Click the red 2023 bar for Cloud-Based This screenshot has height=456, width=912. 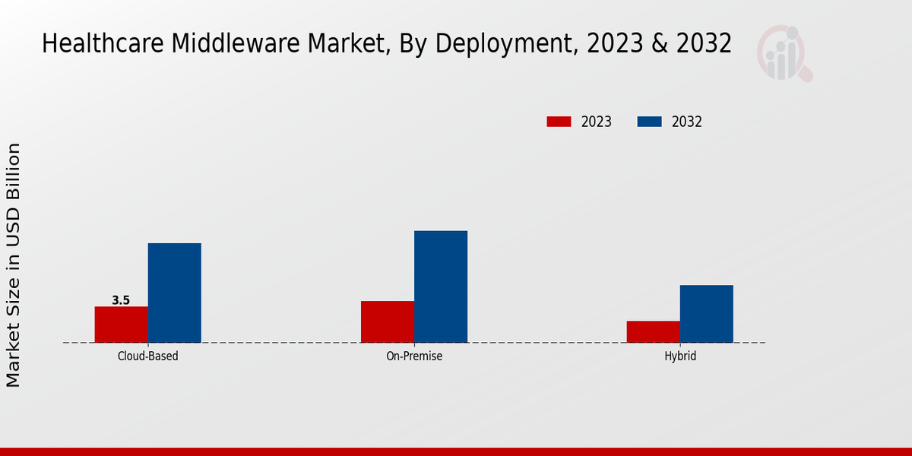[x=122, y=325]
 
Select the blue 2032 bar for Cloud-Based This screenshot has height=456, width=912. [x=175, y=293]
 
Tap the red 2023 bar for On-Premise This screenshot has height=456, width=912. [x=388, y=321]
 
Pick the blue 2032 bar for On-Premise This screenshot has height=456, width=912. [x=441, y=287]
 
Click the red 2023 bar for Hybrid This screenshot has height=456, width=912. [x=654, y=331]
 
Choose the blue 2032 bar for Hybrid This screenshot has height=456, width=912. [x=707, y=314]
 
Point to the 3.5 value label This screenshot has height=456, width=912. [x=121, y=300]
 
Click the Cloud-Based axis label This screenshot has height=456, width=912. [x=148, y=356]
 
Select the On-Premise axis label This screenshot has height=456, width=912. [x=414, y=356]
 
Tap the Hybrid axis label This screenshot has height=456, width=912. [x=680, y=356]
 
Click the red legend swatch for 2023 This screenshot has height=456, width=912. [x=559, y=122]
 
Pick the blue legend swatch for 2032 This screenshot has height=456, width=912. [x=649, y=122]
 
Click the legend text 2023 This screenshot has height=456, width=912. [x=597, y=122]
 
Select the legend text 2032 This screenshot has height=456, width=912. [x=687, y=122]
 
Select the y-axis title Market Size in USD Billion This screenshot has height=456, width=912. [x=14, y=264]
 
